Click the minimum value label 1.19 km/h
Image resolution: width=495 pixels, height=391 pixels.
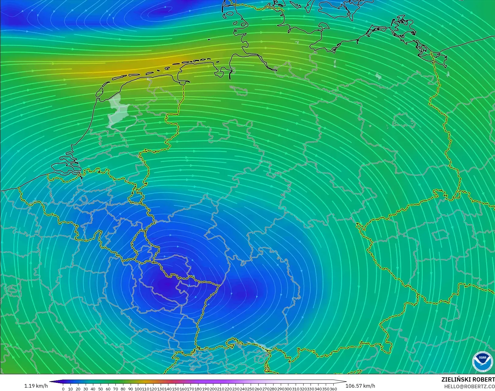click(x=36, y=386)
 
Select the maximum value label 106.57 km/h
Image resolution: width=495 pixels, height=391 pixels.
click(x=360, y=386)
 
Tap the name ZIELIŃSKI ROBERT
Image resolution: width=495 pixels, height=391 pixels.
click(x=468, y=380)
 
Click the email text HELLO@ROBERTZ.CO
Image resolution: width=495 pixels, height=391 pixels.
click(x=469, y=386)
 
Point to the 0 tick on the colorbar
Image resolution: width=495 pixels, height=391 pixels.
click(x=63, y=389)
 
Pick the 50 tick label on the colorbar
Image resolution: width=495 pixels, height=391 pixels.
click(x=100, y=389)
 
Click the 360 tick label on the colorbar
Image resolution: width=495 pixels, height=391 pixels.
click(x=333, y=389)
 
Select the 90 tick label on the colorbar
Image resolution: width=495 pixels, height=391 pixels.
click(x=130, y=389)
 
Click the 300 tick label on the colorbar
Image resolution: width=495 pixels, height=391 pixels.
click(x=288, y=389)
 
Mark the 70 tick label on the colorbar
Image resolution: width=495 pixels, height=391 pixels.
click(x=115, y=389)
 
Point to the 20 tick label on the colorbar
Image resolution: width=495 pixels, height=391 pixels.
click(x=78, y=389)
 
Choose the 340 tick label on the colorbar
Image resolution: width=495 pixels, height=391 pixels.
click(x=318, y=389)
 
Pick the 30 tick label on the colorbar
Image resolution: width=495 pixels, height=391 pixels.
click(x=85, y=389)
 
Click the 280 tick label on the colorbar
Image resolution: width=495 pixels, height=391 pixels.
click(x=273, y=389)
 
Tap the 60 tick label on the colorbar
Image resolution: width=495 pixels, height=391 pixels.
click(x=108, y=389)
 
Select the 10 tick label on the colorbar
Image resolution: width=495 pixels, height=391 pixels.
click(x=70, y=389)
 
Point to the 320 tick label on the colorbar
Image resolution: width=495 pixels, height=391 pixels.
click(x=303, y=389)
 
